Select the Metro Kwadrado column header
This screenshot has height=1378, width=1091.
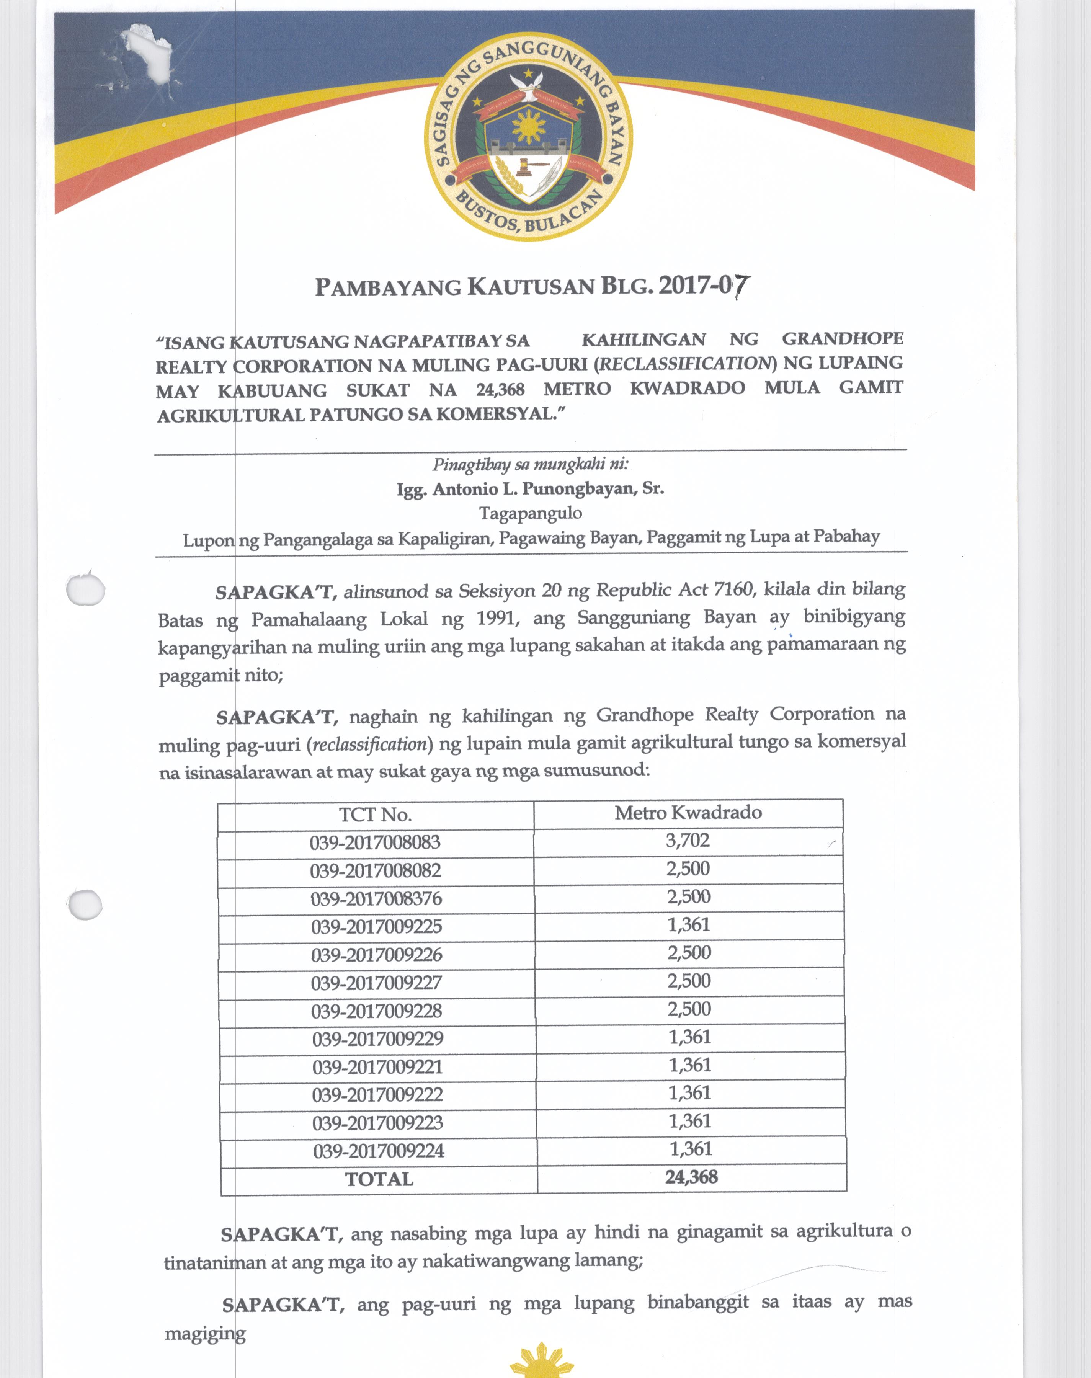(x=688, y=812)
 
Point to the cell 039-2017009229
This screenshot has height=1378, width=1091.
(x=377, y=1039)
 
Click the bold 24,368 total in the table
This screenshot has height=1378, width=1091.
(x=691, y=1177)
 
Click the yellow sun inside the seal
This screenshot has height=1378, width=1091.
(x=528, y=126)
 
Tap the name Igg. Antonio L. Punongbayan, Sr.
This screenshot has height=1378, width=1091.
(x=530, y=489)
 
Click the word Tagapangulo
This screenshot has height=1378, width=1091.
(x=530, y=513)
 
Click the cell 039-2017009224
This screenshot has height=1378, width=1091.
(x=378, y=1151)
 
